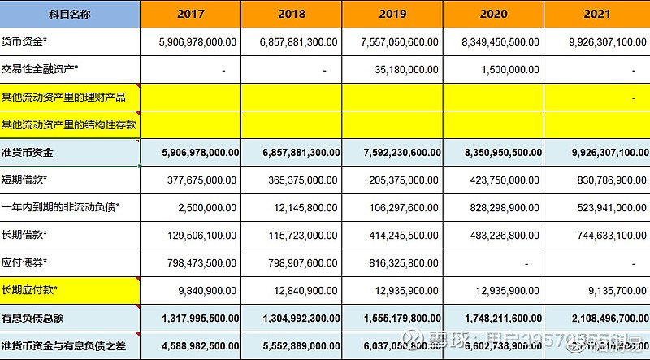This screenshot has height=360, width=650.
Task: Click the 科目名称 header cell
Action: pos(70,14)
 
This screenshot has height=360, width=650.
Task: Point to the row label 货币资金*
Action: pos(24,41)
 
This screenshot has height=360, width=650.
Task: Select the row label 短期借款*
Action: pos(24,180)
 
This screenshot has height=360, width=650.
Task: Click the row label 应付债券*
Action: pos(24,262)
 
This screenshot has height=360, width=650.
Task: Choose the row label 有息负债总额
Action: pos(32,318)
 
